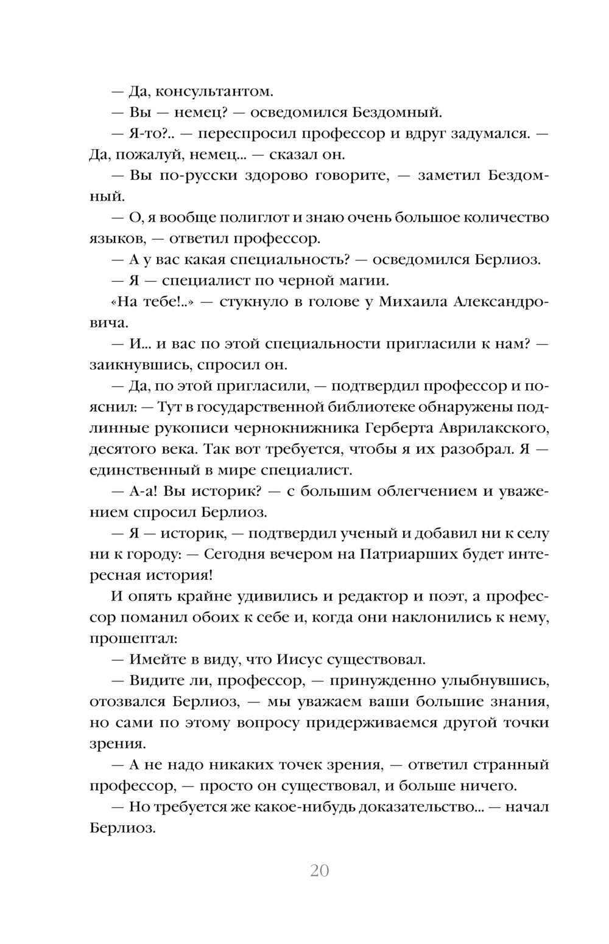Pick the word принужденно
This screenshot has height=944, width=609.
point(380,681)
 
